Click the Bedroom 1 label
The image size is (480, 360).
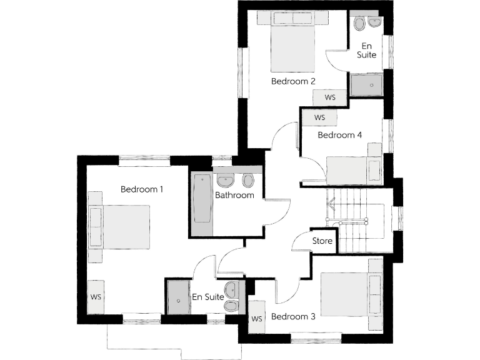142,189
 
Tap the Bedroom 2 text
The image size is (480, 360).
292,81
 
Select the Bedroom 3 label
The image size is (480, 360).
292,316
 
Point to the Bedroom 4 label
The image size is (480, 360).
340,135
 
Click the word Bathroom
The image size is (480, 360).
234,195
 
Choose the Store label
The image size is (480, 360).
322,241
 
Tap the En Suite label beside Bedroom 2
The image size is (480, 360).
367,50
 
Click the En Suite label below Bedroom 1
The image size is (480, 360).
208,297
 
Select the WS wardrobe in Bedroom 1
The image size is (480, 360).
96,297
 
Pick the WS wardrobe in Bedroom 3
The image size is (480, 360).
256,319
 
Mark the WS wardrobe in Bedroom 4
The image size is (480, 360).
319,117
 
